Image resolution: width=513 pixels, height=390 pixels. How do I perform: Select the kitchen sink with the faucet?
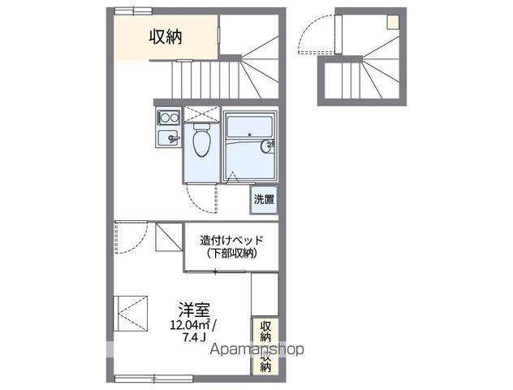168,138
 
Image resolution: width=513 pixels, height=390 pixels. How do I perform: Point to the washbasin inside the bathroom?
267,146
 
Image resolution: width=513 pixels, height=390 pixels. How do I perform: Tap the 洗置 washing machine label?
263,198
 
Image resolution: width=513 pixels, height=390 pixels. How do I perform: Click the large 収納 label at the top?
166,37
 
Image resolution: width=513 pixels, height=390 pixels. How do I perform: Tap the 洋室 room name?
194,310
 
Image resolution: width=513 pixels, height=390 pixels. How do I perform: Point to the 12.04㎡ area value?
190,325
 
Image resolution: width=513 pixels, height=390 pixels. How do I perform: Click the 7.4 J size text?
194,337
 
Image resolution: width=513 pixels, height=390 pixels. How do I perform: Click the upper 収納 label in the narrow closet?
265,331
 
